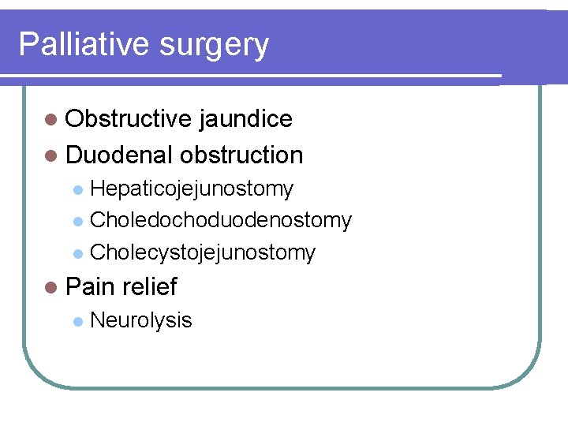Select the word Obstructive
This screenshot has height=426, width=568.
129,118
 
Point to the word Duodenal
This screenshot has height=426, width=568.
119,155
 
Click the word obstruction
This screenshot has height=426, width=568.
241,155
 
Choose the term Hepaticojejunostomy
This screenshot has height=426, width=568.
192,189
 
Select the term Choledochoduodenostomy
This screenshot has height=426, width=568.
221,220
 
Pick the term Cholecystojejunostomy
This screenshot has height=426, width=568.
203,252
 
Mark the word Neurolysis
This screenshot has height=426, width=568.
141,320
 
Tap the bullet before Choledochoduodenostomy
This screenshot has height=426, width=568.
77,221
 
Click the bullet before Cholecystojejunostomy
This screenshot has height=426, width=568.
77,253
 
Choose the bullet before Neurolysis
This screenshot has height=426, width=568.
77,321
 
